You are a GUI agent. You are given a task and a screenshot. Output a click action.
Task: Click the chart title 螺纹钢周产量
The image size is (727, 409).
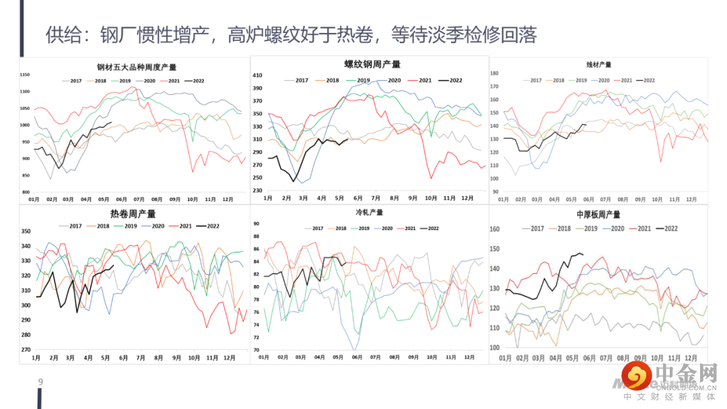coord(372,65)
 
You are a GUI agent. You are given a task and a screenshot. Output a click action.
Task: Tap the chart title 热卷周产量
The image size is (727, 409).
coord(133,214)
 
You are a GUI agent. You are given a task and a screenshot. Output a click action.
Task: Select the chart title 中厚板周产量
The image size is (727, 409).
coord(598,215)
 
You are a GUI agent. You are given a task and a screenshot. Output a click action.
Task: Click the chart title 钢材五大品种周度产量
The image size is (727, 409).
coord(137,67)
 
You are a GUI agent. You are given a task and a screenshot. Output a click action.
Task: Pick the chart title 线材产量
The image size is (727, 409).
coord(598,65)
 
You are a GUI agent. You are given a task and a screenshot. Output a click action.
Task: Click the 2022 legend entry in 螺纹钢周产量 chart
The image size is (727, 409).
coord(450,81)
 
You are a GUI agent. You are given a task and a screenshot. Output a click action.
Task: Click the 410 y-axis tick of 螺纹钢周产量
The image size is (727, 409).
coord(256,76)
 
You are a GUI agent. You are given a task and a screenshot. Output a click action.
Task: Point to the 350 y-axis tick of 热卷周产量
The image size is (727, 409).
coord(26,231)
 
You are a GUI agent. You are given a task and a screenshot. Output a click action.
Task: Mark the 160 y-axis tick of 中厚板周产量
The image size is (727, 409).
coord(495,229)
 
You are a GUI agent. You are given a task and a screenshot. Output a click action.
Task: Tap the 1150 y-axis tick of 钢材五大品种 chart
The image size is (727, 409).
coord(25,74)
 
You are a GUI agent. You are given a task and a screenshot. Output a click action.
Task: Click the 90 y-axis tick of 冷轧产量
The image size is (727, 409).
coord(256,224)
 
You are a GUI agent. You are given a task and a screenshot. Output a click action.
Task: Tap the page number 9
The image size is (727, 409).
coord(41,383)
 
